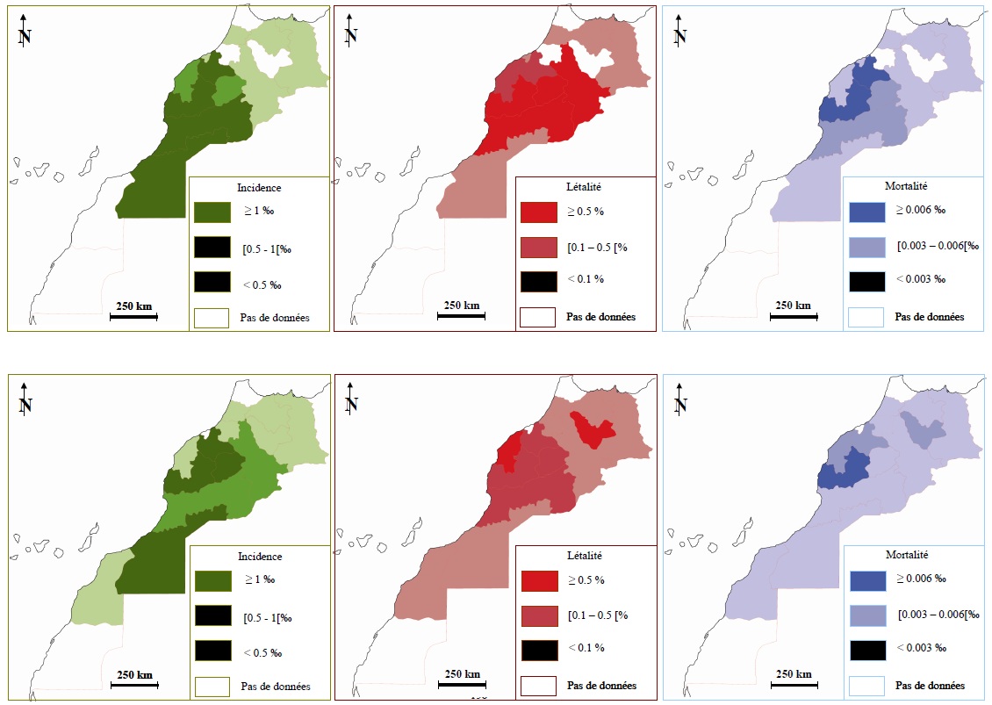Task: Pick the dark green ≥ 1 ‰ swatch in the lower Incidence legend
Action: pos(212,580)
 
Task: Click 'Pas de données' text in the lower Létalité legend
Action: pos(601,686)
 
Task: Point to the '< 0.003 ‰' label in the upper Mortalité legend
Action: pos(920,279)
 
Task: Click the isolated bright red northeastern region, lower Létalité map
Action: pos(592,429)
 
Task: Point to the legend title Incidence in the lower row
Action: pos(260,557)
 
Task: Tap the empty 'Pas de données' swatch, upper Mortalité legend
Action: pos(866,317)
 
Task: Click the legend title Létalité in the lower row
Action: pos(585,556)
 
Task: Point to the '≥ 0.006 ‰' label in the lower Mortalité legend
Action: pos(921,579)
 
